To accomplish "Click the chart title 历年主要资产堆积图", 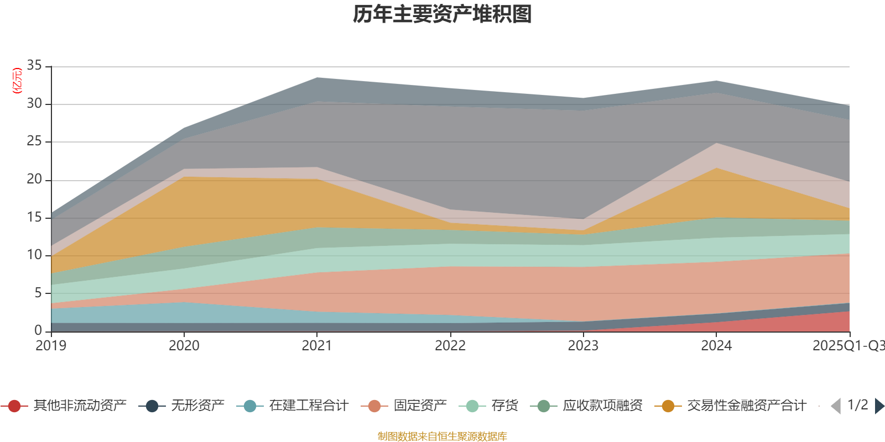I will (x=442, y=15).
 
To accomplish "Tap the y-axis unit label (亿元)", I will (x=17, y=81).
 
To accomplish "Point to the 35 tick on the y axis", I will (x=34, y=66).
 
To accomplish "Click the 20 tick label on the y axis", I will (x=34, y=180).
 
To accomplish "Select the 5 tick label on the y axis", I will (x=38, y=293).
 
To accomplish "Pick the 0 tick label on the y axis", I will (x=38, y=330).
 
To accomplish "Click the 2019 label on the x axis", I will (x=51, y=346).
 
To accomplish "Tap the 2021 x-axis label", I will (x=317, y=346).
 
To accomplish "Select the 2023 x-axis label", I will (x=583, y=346).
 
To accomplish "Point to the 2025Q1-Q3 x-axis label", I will (x=848, y=346).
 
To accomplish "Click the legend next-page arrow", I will (x=879, y=406).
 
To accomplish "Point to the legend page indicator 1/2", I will (x=857, y=405).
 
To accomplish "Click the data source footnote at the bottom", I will (x=442, y=436).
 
